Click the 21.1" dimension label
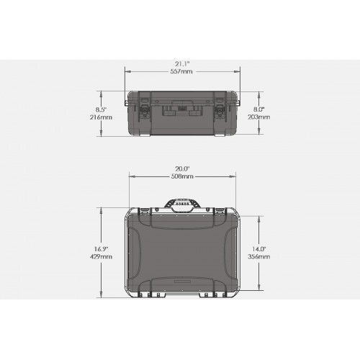(182, 64)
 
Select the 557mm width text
(181, 71)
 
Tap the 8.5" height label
(101, 109)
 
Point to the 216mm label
(101, 117)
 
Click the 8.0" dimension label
(259, 109)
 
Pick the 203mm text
(259, 117)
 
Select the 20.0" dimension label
(182, 168)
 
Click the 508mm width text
(182, 176)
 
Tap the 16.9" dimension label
(101, 249)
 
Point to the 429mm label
(101, 257)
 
